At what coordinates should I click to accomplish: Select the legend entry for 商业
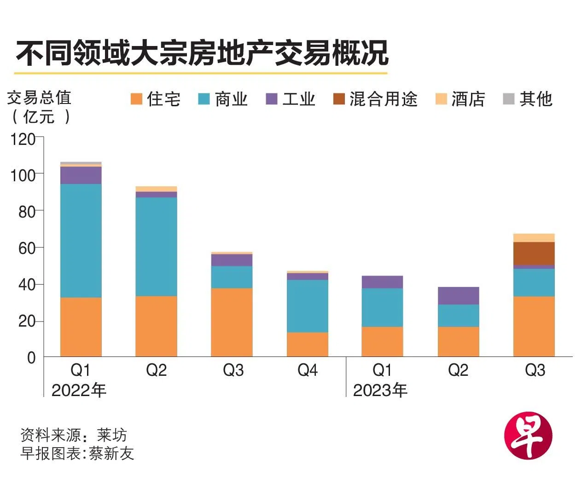[x=223, y=99]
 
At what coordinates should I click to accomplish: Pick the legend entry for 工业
[x=291, y=99]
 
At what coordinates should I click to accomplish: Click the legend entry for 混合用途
[x=375, y=99]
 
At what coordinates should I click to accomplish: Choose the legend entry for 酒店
[x=460, y=99]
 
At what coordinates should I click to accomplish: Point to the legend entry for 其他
[x=528, y=99]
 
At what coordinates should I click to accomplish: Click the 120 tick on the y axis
[x=23, y=138]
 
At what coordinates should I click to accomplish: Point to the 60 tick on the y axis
[x=27, y=248]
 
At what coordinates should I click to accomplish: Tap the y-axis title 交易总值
[x=39, y=98]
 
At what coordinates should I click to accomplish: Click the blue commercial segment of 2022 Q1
[x=81, y=240]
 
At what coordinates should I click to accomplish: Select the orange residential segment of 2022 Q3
[x=232, y=322]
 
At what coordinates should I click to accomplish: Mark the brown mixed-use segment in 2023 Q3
[x=534, y=253]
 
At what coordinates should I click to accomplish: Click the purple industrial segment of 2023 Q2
[x=458, y=296]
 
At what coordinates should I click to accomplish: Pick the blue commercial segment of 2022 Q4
[x=307, y=306]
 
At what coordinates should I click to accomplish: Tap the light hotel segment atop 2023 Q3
[x=534, y=238]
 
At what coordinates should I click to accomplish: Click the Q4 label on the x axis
[x=307, y=370]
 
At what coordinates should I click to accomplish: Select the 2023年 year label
[x=380, y=391]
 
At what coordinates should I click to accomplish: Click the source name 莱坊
[x=111, y=435]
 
